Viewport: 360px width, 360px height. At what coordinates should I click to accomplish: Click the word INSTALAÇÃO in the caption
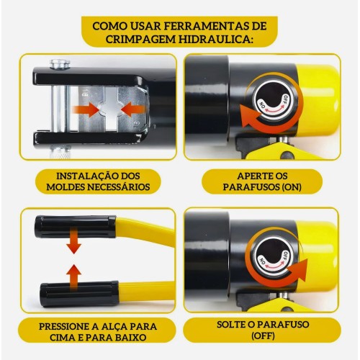point(85,176)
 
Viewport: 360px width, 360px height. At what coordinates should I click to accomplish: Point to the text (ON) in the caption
point(292,187)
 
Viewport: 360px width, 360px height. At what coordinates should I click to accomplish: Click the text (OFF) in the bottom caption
point(263,336)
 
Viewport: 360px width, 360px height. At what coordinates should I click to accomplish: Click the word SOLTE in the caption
point(231,324)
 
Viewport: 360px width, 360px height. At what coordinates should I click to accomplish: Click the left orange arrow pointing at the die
point(86,109)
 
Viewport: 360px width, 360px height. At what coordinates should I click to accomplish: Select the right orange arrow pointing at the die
point(133,109)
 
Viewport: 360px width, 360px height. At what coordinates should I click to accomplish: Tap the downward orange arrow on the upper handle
point(73,241)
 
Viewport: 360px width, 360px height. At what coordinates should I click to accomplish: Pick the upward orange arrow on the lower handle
point(73,278)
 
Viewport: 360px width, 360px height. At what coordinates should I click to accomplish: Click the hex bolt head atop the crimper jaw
point(60,65)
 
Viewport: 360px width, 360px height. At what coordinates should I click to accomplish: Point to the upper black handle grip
point(76,227)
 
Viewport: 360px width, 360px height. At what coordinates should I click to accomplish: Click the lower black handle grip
point(79,294)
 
